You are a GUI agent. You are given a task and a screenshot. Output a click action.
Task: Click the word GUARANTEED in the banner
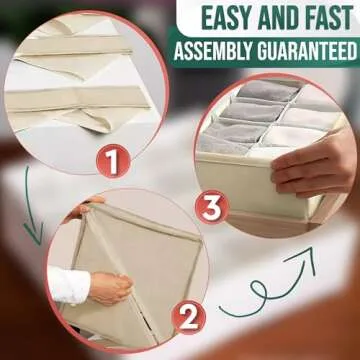[x=307, y=51]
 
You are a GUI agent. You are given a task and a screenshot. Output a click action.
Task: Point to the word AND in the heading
[x=277, y=18]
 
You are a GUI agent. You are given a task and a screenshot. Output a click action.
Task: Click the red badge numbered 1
[x=113, y=161]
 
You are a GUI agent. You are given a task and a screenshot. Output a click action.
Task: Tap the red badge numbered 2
[x=188, y=317]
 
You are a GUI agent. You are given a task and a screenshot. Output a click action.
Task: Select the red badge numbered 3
[x=212, y=207]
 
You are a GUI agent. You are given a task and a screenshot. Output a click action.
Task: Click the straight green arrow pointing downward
[x=32, y=207]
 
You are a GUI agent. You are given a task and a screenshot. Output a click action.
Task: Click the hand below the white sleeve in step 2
[x=111, y=288]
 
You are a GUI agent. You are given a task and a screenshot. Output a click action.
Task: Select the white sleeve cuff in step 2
[x=69, y=285]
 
